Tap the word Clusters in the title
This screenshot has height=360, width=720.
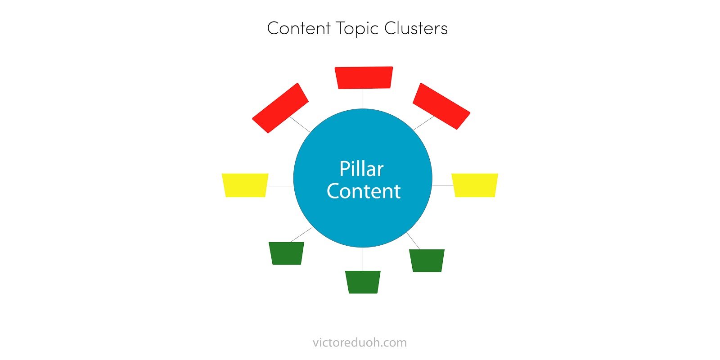pos(416,28)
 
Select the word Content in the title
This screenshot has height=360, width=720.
pos(299,28)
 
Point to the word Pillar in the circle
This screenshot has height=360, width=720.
pos(361,169)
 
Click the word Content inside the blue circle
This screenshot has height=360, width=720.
pos(364,191)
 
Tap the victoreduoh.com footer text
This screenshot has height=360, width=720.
pos(360,342)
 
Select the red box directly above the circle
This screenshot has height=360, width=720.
pos(364,77)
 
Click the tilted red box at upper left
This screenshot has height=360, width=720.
pos(280,108)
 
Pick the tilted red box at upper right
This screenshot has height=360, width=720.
pos(441,106)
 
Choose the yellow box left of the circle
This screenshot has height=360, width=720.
pos(245,185)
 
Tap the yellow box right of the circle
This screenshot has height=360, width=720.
pos(475,185)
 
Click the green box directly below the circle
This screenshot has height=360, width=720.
pos(363,282)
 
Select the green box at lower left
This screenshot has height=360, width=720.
pos(287,253)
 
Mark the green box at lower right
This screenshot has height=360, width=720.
pos(427,261)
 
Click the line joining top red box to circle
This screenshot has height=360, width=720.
pos(363,99)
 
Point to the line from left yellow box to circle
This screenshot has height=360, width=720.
pos(281,187)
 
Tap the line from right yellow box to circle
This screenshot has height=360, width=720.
pos(442,185)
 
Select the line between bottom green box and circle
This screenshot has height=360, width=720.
pos(363,259)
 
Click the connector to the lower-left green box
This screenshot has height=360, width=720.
pos(301,235)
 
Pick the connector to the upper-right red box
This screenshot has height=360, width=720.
pos(423,123)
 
